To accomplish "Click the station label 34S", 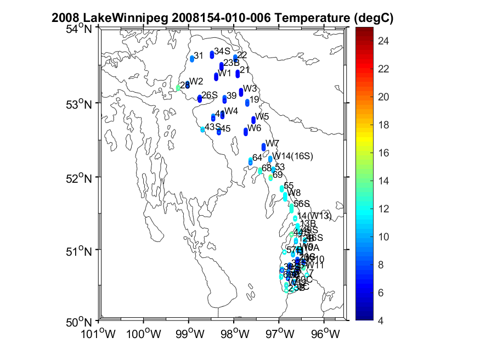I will tap(222, 51).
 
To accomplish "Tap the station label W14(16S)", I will tap(293, 156).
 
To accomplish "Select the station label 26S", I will tap(210, 95).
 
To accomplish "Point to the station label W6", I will tap(253, 128).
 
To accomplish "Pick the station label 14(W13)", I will tap(314, 216).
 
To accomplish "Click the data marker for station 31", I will tap(192, 58).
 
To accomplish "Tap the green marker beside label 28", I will tap(178, 87).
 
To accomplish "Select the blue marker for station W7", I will tap(264, 146).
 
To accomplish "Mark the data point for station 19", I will tap(247, 103).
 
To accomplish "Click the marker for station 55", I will tap(282, 189).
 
